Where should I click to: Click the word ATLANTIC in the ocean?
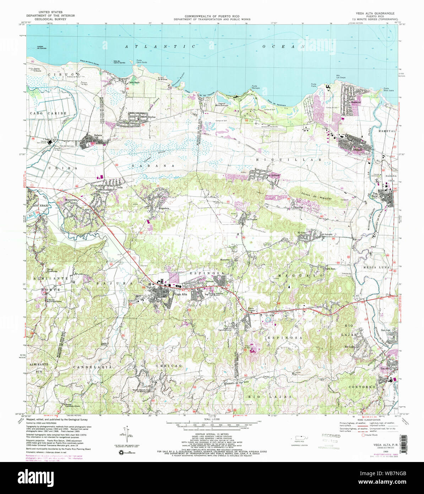click(160, 47)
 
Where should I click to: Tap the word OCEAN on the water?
click(284, 47)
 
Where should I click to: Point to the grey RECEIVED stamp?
click(331, 436)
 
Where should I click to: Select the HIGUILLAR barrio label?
click(288, 160)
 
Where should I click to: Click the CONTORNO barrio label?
click(372, 386)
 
